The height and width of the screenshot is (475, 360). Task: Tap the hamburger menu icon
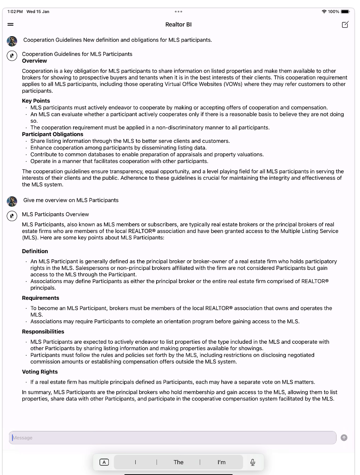10,25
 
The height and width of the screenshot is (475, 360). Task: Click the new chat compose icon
345,25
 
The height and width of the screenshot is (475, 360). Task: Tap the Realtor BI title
179,25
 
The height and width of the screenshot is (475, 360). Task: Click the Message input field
172,438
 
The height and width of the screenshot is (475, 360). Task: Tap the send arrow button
344,438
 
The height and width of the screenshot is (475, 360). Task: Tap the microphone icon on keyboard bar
253,462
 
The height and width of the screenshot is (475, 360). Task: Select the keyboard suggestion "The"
179,462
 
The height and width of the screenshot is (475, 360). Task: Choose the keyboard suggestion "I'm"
221,462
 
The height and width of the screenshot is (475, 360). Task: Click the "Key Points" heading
36,101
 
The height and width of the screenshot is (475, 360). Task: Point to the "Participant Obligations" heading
53,134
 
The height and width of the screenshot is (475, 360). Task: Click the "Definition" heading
35,251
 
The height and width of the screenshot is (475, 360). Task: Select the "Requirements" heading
41,298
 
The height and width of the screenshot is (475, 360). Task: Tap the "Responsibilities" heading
43,331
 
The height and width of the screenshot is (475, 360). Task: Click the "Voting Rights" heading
40,372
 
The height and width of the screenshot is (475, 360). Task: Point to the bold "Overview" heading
34,61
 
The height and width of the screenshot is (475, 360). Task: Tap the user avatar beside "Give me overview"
12,201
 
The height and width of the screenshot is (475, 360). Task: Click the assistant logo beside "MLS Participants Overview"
12,216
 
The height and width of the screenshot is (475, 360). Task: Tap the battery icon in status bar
345,12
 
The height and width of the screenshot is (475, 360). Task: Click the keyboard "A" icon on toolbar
104,462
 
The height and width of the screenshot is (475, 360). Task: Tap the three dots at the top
179,12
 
